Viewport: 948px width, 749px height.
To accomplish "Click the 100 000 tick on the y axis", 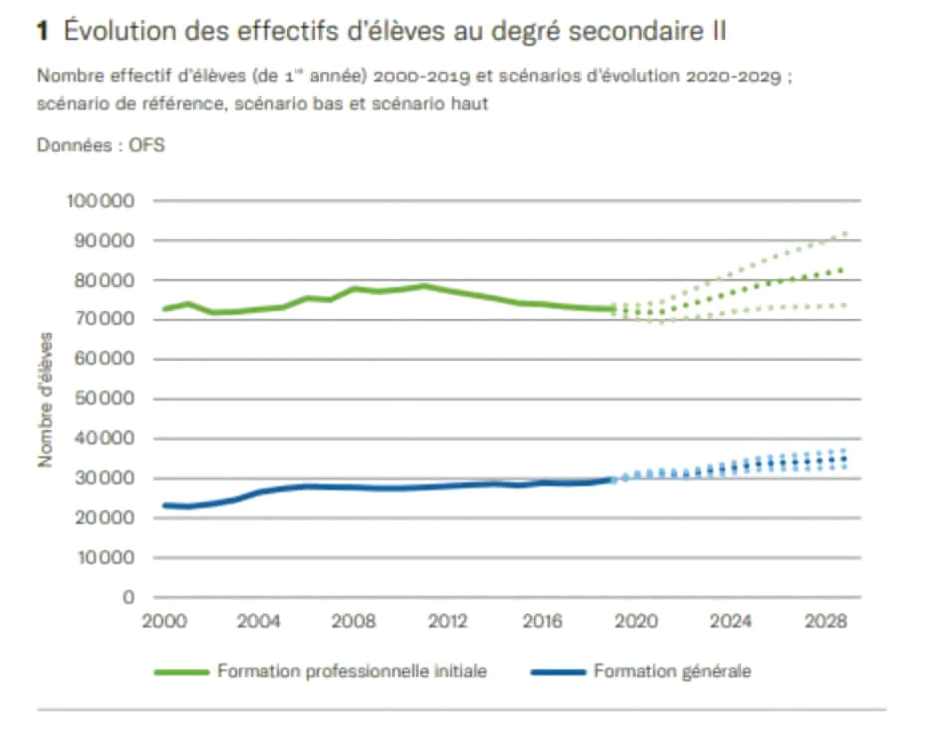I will [x=101, y=201].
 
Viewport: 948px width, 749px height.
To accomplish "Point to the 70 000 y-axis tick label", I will [x=104, y=319].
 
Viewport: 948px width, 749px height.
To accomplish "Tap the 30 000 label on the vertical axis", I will [x=104, y=478].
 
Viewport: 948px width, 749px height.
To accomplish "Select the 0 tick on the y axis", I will [x=128, y=597].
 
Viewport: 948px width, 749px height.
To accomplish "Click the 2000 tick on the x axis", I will [x=165, y=622].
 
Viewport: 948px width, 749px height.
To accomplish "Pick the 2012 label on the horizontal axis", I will [x=448, y=622].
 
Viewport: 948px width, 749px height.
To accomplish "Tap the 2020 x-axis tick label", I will [x=636, y=622].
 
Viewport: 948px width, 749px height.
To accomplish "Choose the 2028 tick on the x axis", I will [x=826, y=622].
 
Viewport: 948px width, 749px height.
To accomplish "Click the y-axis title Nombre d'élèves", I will [x=45, y=400].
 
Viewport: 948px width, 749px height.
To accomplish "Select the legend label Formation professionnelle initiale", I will [x=352, y=671].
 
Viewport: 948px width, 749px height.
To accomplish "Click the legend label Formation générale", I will [x=672, y=671].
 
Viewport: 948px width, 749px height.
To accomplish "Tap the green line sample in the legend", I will [x=181, y=672].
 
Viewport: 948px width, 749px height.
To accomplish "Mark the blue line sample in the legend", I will [x=558, y=672].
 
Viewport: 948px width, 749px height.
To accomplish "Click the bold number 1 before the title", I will [x=43, y=31].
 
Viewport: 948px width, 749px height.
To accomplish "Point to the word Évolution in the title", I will [x=120, y=31].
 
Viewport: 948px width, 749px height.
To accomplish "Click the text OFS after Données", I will [x=147, y=145].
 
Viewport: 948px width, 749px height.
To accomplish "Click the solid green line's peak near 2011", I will [x=424, y=286].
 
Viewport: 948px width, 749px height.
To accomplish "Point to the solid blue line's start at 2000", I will [x=165, y=505].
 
